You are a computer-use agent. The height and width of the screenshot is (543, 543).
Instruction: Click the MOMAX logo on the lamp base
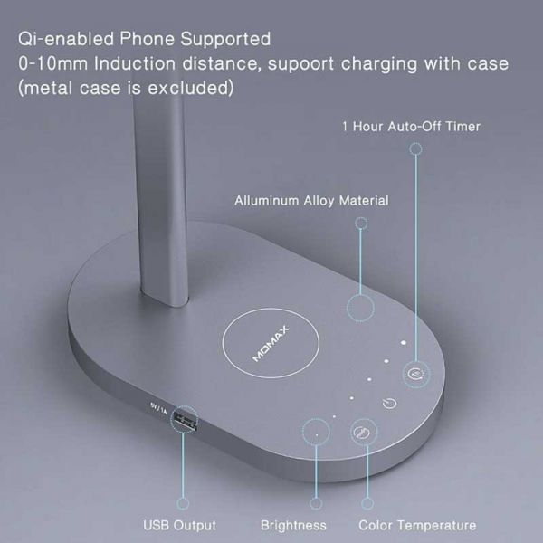(271, 344)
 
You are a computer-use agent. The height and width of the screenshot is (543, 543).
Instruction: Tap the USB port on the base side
(185, 419)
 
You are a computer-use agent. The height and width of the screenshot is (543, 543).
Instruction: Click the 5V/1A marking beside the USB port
(158, 407)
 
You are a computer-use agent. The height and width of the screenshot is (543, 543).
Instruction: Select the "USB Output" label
(179, 525)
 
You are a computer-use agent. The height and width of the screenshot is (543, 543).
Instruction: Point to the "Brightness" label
(293, 525)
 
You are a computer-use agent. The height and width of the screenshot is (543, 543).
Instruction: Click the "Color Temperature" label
(417, 525)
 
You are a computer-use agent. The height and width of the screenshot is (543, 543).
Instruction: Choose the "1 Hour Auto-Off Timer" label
(411, 127)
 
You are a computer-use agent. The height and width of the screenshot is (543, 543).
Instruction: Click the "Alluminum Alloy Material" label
(311, 201)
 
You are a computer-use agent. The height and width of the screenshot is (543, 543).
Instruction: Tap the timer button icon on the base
(416, 374)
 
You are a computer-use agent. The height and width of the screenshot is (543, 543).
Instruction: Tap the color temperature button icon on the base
(363, 432)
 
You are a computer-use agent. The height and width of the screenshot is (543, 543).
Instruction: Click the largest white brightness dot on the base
(404, 342)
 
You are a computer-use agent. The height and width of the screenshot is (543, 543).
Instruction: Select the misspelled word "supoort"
(301, 64)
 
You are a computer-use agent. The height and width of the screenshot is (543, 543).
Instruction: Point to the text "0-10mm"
(53, 63)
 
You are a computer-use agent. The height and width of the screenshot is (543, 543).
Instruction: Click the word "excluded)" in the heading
(191, 88)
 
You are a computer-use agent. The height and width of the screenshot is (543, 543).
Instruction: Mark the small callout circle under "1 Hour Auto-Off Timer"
(415, 149)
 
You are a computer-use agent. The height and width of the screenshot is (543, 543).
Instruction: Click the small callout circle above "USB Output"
(183, 503)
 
